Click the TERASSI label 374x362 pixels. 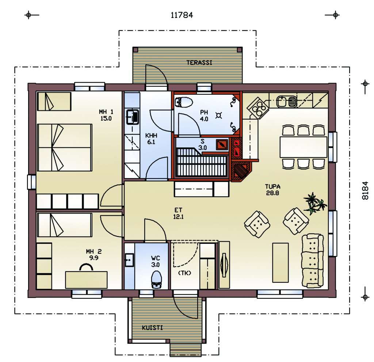[x=199, y=63]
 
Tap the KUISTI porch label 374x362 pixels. [x=152, y=328]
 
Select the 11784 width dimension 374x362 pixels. [x=182, y=15]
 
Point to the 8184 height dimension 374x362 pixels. [x=365, y=191]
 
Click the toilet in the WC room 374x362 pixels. [x=156, y=279]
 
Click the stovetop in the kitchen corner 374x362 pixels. [x=258, y=108]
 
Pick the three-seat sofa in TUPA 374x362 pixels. [x=313, y=261]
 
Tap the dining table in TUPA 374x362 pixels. [x=303, y=147]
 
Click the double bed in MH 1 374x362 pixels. [x=65, y=147]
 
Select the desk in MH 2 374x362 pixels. [x=86, y=280]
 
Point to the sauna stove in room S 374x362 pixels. [x=222, y=144]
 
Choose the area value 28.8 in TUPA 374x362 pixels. [x=272, y=193]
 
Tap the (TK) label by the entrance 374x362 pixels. [x=184, y=273]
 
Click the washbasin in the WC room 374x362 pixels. [x=130, y=260]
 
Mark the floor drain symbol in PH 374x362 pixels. [x=218, y=116]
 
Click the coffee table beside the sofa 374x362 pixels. [x=280, y=263]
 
